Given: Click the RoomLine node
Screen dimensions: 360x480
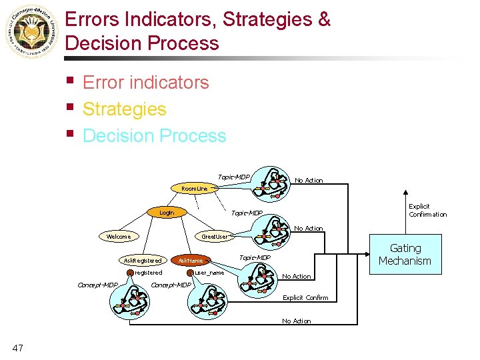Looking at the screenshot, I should tap(195, 189).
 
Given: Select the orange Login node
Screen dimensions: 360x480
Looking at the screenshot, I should tap(167, 213).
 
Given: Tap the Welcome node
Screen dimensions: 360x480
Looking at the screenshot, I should tap(119, 236).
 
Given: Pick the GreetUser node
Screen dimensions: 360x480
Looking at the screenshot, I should tap(215, 236).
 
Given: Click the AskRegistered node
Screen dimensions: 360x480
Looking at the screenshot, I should tap(143, 260).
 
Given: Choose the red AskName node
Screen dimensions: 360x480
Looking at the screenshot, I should tap(191, 260).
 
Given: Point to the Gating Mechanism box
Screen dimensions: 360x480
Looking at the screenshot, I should tap(405, 255).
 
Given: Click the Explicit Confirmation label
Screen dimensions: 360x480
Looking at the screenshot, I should tap(427, 211).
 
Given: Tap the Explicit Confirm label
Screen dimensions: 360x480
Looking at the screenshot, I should tap(305, 297).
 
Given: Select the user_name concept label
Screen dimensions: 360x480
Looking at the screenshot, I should tap(209, 273).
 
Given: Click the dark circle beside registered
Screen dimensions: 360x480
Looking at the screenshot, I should tap(131, 273).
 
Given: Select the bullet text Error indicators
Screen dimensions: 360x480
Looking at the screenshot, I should tap(145, 83).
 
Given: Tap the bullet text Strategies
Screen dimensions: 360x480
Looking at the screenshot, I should tap(124, 109).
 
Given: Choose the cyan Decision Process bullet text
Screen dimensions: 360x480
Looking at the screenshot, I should tap(154, 135).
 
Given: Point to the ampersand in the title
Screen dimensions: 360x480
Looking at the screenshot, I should tap(324, 19).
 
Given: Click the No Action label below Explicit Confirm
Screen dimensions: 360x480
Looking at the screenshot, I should tap(296, 321).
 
